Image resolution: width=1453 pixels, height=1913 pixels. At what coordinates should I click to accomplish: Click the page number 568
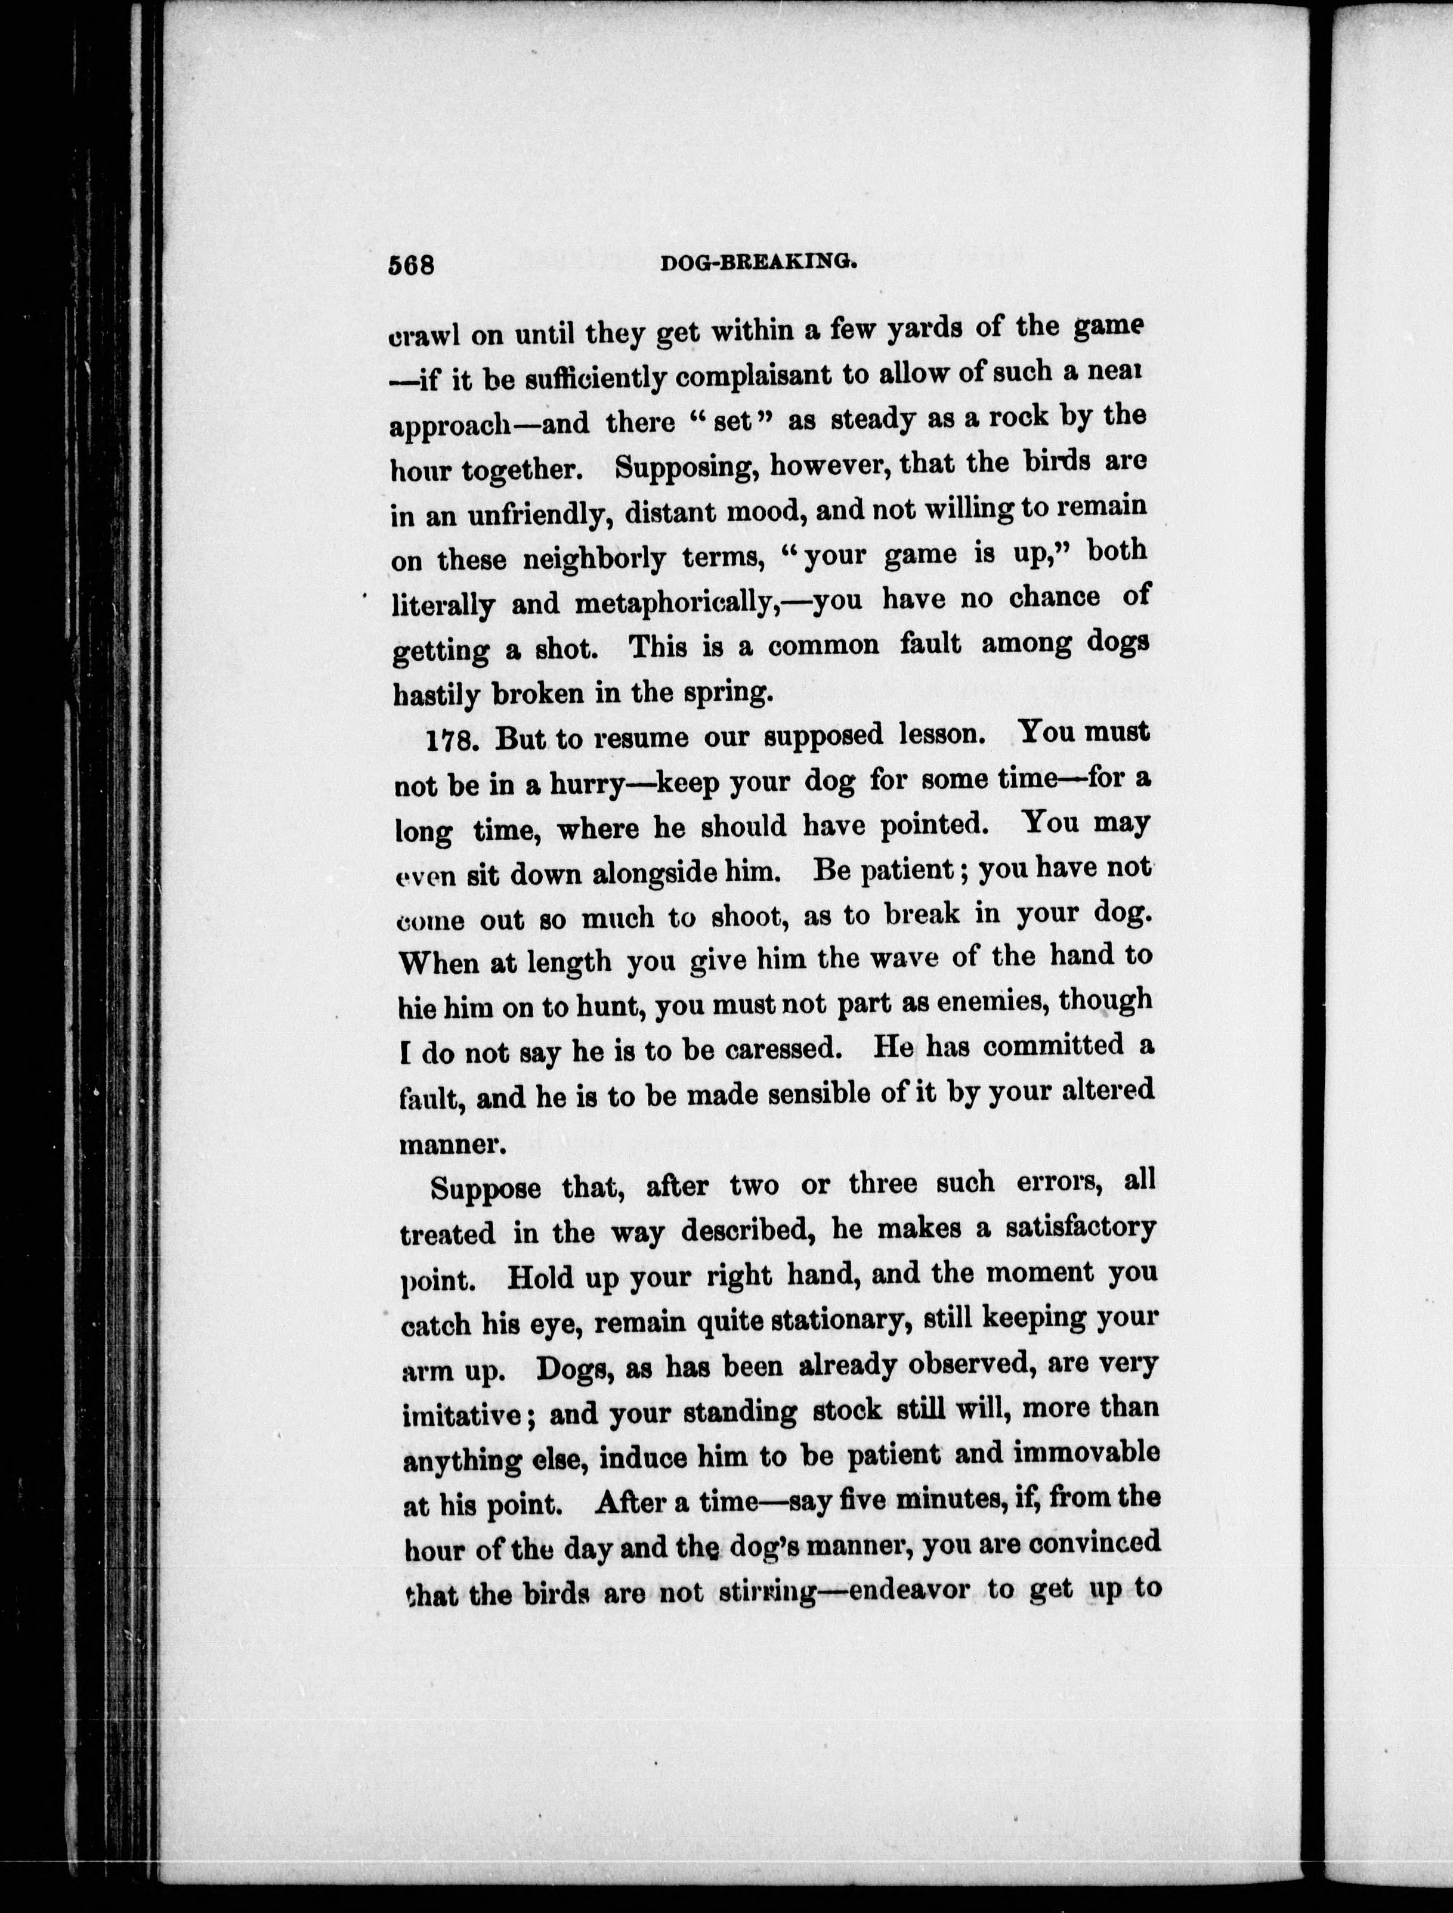[x=411, y=265]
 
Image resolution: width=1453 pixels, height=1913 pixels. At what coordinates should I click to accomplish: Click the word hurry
[x=585, y=784]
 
